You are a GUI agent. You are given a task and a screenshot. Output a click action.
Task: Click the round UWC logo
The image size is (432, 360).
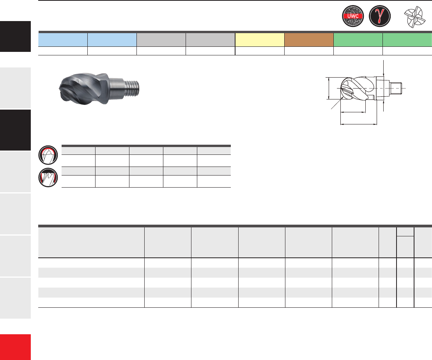coord(352,16)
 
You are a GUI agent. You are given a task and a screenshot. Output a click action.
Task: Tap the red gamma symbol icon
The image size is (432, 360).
coord(380,16)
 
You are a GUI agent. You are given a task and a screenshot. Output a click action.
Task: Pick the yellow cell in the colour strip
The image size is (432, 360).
coord(260,40)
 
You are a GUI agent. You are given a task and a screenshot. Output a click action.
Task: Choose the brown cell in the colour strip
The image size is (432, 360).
coord(309,40)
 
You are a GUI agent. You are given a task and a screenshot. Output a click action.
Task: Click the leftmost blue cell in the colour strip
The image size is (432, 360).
coord(63,40)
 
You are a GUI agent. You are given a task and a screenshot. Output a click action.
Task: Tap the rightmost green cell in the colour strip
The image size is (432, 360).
coord(407,40)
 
